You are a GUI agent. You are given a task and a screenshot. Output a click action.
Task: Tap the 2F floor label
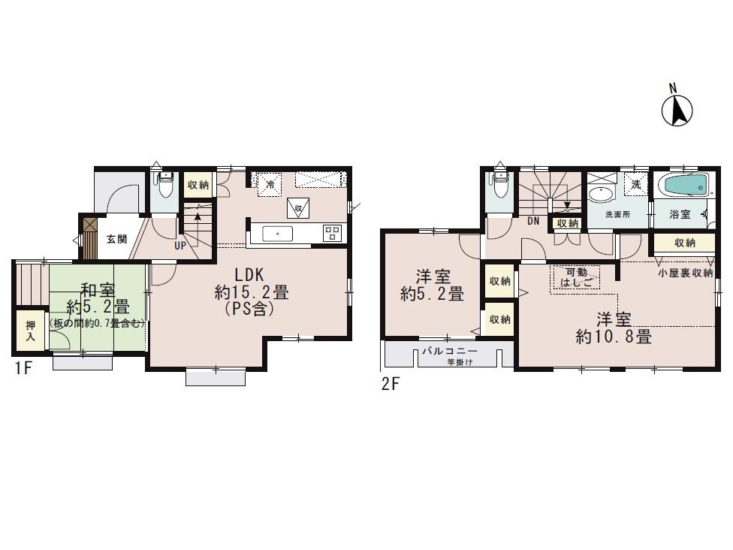pos(389,384)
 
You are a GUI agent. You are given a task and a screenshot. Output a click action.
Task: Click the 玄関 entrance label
pos(116,239)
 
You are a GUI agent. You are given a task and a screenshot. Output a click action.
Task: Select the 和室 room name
pos(97,290)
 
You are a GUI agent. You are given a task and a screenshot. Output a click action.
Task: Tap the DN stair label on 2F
pos(534,221)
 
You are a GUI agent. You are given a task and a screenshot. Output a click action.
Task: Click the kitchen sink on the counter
pos(278,234)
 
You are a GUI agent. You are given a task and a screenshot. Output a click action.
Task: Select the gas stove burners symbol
pos(331,233)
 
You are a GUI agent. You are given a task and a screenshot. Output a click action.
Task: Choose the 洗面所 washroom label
pos(618,214)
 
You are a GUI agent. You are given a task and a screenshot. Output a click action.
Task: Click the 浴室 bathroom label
pos(679,214)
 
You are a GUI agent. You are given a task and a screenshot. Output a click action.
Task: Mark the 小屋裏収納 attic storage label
pos(685,273)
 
